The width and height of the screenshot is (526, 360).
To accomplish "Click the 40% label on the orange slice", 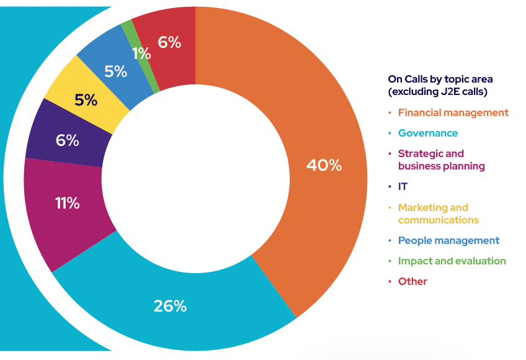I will click(x=324, y=165).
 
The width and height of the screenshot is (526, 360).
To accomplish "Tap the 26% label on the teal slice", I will click(x=170, y=306).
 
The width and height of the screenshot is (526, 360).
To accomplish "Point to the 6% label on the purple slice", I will click(x=67, y=140).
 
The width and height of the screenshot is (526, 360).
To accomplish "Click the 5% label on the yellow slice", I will click(x=86, y=99).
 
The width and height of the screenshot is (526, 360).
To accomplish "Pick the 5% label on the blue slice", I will click(x=115, y=71).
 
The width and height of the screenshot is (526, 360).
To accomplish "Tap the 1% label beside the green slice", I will click(x=141, y=54).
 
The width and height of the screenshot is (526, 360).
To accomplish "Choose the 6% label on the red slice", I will click(x=169, y=42).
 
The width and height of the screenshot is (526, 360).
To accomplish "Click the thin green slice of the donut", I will click(x=127, y=25).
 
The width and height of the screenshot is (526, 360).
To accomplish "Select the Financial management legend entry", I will click(x=453, y=112).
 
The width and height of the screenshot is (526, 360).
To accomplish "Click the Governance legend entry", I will click(x=427, y=133).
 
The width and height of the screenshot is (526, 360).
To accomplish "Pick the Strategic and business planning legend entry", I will click(x=441, y=160).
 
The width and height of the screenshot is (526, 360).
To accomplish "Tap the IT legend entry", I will click(x=403, y=186).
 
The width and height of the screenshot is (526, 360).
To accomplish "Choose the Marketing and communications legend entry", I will click(x=438, y=214).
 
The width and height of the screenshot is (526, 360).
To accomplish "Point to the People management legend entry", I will click(x=448, y=240).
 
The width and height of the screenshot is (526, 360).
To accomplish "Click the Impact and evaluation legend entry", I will click(x=452, y=261).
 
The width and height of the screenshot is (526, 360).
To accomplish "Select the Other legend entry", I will click(x=412, y=281).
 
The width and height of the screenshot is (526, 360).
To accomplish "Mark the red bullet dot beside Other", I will click(x=390, y=282).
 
